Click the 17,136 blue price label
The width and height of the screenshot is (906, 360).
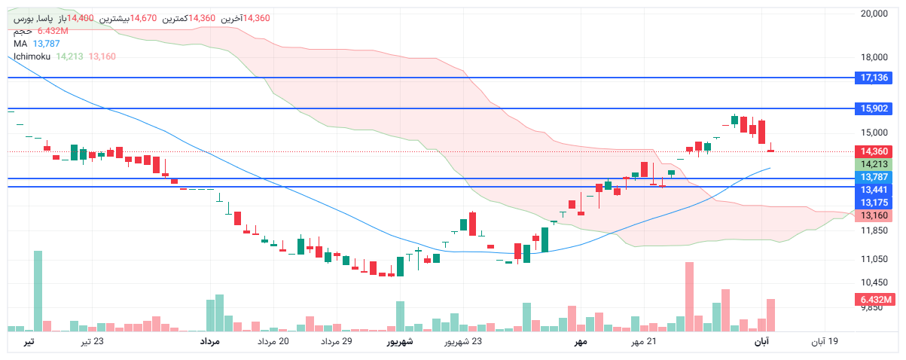click(874, 78)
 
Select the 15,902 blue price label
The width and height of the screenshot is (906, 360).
click(874, 108)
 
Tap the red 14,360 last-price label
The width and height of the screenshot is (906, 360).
click(874, 151)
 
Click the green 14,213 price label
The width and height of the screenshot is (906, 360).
click(874, 164)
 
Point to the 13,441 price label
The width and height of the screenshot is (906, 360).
click(874, 190)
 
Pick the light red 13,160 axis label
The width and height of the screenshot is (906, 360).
click(874, 215)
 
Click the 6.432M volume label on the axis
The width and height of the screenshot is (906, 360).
click(874, 300)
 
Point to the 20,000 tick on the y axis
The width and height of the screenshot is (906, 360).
click(874, 13)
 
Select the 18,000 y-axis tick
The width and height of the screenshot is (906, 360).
click(874, 56)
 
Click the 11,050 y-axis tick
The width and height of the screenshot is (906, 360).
click(874, 259)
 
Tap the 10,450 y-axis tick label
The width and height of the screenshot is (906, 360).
click(874, 282)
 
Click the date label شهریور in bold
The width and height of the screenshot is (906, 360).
click(401, 342)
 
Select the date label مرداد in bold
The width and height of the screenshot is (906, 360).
click(209, 342)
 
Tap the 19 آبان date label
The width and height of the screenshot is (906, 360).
click(824, 342)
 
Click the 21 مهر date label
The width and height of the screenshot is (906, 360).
click(644, 342)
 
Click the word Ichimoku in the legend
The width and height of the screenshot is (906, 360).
click(32, 56)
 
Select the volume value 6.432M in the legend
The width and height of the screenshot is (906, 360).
click(53, 31)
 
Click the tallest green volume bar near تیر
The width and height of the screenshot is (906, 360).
click(38, 291)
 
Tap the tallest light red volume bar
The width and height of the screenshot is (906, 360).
click(688, 296)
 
